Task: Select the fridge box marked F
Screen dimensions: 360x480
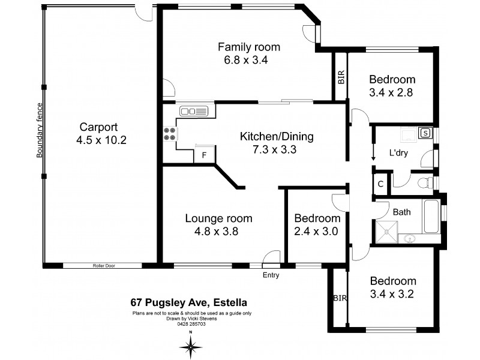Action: (x=204, y=155)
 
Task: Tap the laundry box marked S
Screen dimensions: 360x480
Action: (x=425, y=133)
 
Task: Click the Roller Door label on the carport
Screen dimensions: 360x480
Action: (x=104, y=265)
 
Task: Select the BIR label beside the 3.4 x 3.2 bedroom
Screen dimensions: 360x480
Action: (x=337, y=298)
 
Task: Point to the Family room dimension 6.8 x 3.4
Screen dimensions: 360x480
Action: (x=248, y=59)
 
